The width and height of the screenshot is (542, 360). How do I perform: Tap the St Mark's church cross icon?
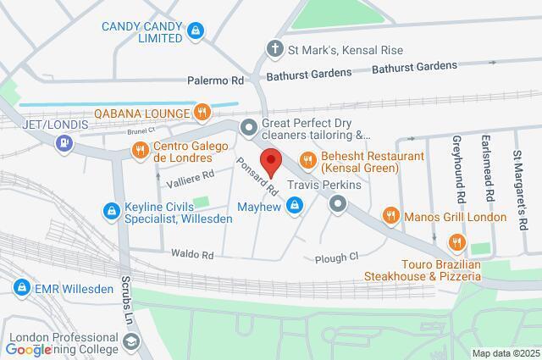pos(274,48)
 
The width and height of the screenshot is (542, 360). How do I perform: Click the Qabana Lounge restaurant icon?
pos(201,110)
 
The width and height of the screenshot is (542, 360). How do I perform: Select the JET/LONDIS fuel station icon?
pos(64,143)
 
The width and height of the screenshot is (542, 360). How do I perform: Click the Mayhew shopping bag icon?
pos(295,203)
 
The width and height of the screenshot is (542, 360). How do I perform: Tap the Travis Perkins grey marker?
pos(338,203)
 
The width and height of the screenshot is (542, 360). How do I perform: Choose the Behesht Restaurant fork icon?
pos(307,158)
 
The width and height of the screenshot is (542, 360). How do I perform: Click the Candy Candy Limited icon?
pos(196,32)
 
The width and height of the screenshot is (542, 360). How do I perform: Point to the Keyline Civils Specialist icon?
pos(109,210)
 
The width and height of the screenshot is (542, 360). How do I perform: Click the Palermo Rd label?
pos(215,80)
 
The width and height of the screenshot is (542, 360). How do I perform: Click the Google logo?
pos(29,349)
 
